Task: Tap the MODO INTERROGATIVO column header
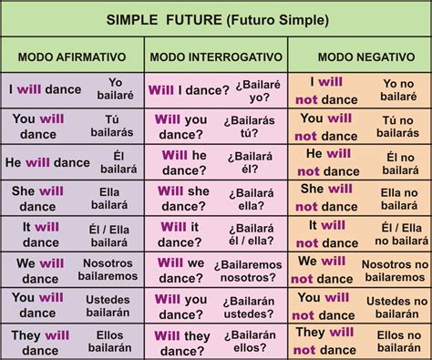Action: coord(216,57)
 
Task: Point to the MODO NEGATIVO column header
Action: coord(359,57)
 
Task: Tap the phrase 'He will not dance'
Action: coord(326,162)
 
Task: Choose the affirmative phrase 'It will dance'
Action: coord(40,234)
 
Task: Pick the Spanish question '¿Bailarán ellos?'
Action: coord(253,342)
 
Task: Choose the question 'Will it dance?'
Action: coord(181,234)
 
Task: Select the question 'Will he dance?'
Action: coord(181,162)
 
